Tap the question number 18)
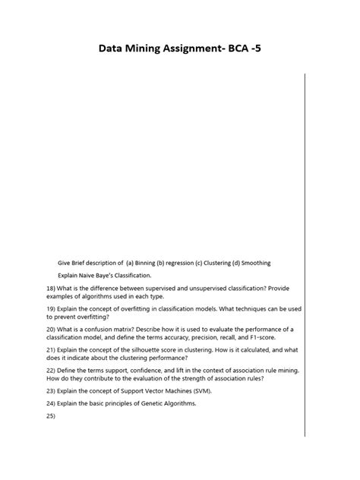(x=51, y=289)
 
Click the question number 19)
(x=51, y=310)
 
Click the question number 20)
(x=51, y=329)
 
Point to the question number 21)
(x=51, y=349)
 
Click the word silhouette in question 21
(x=133, y=349)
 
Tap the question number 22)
(x=51, y=370)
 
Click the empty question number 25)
(x=51, y=416)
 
